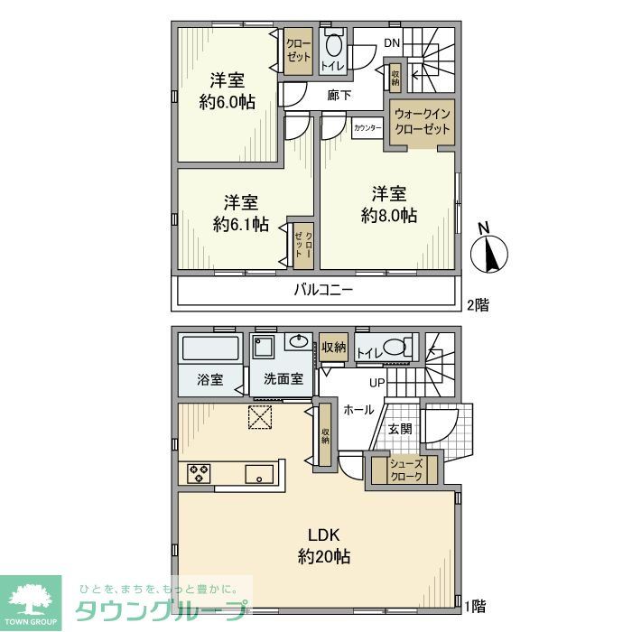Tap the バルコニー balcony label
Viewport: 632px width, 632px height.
322,290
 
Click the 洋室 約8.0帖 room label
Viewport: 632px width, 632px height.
388,205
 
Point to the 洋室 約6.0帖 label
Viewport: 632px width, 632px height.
227,91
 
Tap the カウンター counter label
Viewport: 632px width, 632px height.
368,128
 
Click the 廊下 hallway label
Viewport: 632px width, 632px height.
339,95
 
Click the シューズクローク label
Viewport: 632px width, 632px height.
405,470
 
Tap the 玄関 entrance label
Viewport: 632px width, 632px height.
401,430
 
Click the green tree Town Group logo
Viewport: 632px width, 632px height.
30,599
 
